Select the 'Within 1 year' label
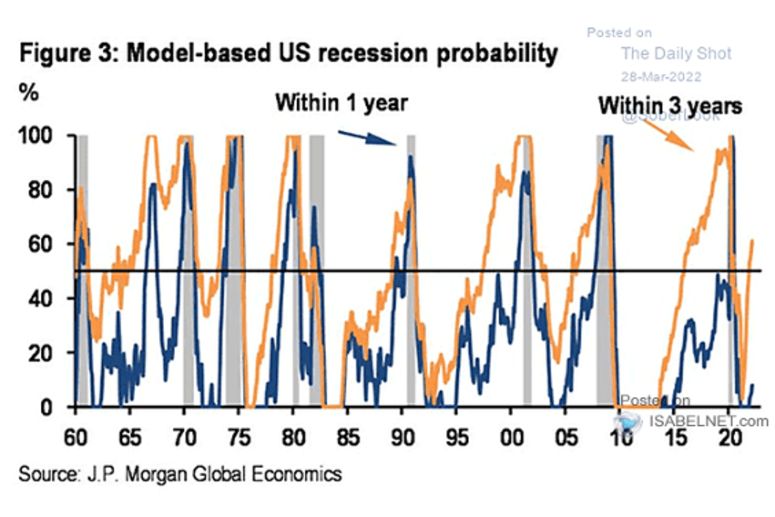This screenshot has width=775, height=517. click(342, 103)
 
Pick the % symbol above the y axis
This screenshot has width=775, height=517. click(29, 92)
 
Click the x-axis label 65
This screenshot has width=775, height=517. click(130, 433)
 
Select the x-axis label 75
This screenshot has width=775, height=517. click(239, 433)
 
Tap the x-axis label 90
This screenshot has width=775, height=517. click(402, 433)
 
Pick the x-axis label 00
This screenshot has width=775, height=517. click(511, 433)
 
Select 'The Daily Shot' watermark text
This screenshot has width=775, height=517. click(676, 52)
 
